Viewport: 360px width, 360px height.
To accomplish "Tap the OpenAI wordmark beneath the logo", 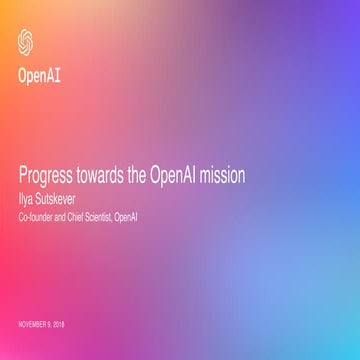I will [38, 73].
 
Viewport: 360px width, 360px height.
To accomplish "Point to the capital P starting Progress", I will [22, 174].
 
